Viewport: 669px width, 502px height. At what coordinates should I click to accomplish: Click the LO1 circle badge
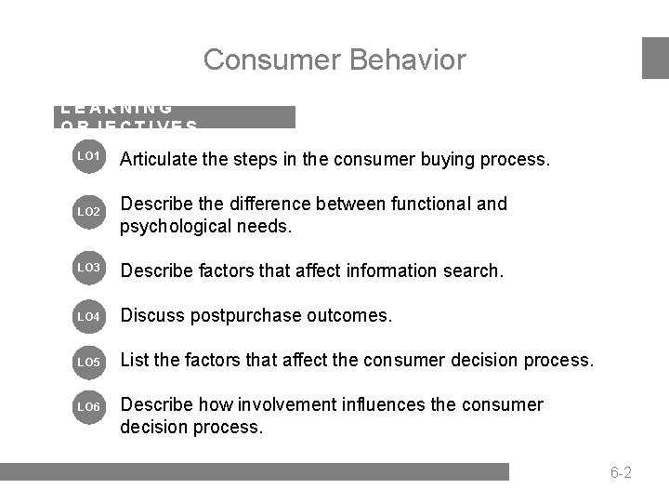(x=88, y=158)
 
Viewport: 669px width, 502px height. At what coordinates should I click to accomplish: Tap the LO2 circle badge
(x=88, y=213)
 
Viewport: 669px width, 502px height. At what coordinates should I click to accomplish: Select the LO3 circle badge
(x=88, y=269)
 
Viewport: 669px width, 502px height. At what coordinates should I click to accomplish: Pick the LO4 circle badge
(x=88, y=316)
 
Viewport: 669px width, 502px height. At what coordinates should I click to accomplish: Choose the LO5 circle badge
(x=88, y=360)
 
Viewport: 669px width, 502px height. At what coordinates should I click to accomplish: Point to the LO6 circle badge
(x=88, y=406)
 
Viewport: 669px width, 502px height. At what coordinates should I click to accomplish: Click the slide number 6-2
(x=622, y=473)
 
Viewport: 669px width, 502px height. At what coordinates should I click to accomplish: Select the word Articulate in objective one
(x=159, y=159)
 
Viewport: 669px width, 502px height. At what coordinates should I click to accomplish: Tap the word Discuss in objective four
(x=151, y=316)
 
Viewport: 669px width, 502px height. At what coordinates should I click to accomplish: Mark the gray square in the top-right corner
(x=656, y=58)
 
